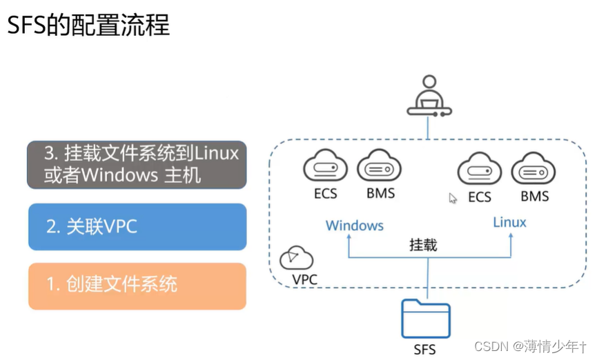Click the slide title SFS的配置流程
(x=88, y=26)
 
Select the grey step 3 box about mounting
(x=137, y=164)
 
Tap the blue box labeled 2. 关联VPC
(x=137, y=226)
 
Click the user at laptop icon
(x=429, y=97)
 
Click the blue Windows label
(x=355, y=226)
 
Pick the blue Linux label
(x=509, y=222)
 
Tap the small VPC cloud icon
(x=296, y=257)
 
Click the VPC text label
(x=304, y=279)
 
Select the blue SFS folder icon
(x=425, y=319)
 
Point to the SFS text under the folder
(x=424, y=349)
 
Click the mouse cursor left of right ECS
(x=453, y=199)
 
